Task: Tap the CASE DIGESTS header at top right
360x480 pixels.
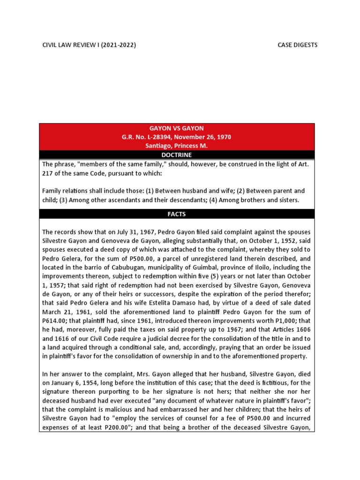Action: tap(298, 45)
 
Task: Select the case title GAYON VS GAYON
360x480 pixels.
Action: tap(176, 128)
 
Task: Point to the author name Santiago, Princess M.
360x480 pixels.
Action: tap(176, 146)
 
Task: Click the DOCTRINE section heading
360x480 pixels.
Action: tap(177, 155)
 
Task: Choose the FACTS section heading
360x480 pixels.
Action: tap(177, 214)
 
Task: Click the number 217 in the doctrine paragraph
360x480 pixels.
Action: tap(48, 173)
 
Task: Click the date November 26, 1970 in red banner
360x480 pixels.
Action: tap(200, 137)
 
